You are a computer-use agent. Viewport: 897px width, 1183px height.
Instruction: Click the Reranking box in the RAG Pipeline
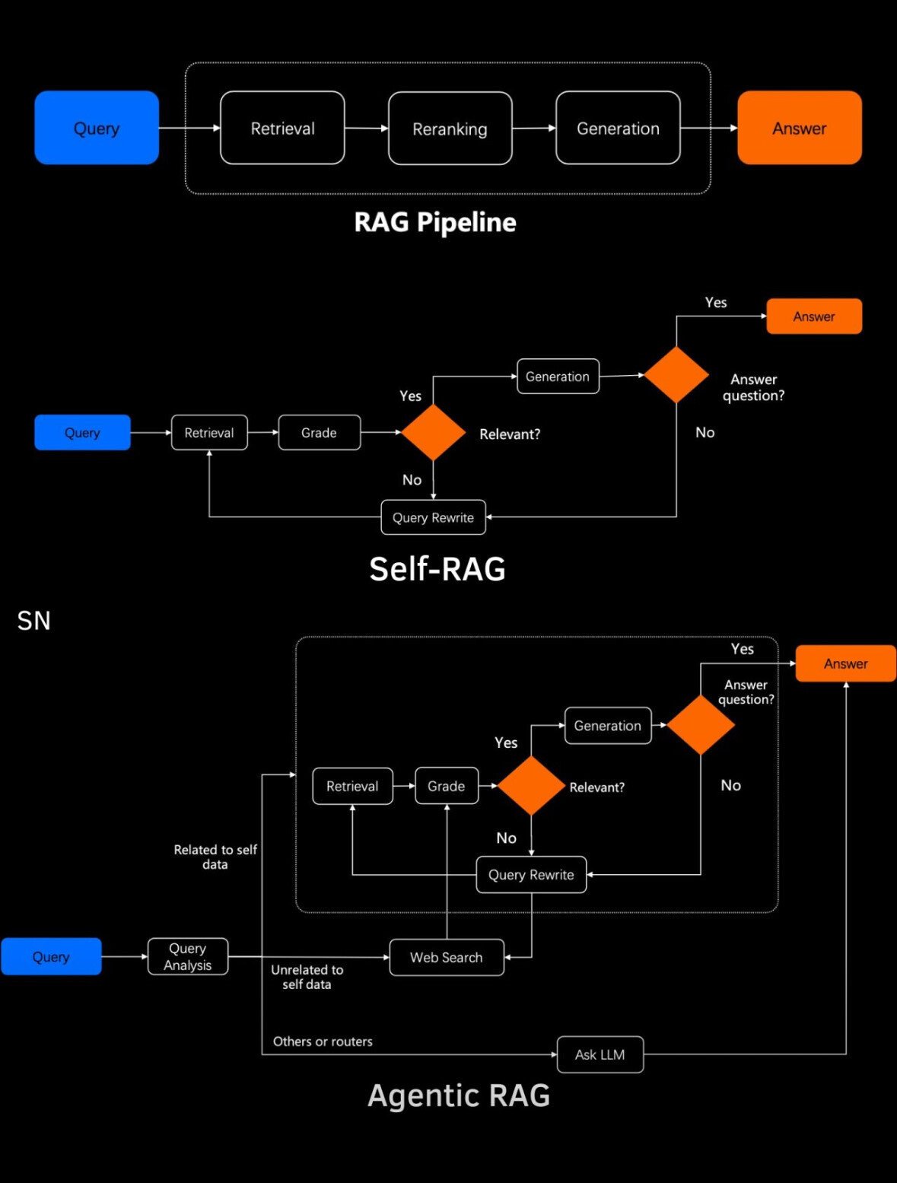[450, 129]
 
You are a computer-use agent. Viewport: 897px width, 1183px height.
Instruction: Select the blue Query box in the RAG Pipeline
[97, 128]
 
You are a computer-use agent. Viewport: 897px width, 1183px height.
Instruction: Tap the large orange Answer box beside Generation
[799, 128]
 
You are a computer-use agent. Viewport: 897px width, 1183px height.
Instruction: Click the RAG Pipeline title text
[435, 222]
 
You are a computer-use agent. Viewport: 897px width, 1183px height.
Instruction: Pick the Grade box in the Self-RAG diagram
[319, 433]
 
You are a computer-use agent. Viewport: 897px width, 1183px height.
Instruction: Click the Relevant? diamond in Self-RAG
[433, 432]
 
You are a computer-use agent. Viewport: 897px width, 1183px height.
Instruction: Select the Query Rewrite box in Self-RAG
[433, 517]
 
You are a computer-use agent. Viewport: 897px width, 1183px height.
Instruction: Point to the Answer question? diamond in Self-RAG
[676, 374]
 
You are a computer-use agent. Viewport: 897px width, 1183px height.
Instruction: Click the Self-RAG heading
[437, 569]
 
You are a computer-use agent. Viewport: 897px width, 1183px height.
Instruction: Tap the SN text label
[33, 621]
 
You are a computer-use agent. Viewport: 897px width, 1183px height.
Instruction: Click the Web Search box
[447, 957]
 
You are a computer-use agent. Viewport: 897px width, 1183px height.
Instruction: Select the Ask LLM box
[600, 1054]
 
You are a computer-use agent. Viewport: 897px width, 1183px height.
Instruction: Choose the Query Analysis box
[187, 956]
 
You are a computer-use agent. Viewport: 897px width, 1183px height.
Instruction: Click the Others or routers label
[323, 1041]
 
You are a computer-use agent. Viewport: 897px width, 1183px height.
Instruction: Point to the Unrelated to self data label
[307, 977]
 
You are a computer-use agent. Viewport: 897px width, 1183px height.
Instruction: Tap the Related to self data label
[215, 857]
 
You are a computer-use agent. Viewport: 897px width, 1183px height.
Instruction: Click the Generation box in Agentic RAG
[607, 726]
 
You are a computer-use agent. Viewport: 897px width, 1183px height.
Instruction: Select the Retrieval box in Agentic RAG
[352, 786]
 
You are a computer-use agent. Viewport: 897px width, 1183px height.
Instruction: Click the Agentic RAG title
[458, 1096]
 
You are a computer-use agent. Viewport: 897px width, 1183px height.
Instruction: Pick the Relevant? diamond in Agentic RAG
[530, 785]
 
